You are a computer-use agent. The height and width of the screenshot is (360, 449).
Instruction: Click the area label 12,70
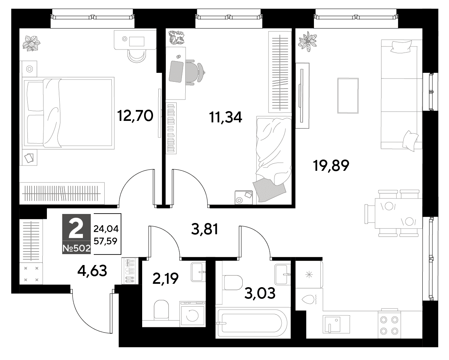(135, 116)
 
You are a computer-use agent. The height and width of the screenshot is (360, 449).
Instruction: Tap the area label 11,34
(226, 117)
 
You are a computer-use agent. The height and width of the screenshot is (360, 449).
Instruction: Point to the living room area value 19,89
(331, 166)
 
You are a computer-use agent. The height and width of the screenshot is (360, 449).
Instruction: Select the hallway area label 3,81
(204, 229)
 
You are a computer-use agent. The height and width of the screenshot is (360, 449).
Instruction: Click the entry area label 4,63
(92, 271)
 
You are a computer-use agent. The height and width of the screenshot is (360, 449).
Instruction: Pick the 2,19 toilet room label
(165, 278)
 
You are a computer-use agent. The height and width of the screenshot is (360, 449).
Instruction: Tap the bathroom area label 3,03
(260, 293)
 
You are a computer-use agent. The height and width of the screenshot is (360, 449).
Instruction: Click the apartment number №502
(77, 248)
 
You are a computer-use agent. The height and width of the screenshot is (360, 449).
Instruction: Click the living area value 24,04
(106, 229)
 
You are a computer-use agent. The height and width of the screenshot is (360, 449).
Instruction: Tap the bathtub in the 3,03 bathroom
(252, 323)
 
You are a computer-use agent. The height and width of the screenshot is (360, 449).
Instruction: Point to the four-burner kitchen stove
(389, 324)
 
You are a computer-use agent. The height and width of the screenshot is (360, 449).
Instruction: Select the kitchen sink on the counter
(336, 324)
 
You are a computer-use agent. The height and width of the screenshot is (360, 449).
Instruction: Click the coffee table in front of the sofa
(348, 96)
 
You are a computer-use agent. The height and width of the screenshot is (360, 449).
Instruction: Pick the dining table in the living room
(398, 214)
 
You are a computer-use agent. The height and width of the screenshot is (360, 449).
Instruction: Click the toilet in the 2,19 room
(161, 310)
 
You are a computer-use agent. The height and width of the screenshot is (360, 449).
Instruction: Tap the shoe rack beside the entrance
(130, 271)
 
